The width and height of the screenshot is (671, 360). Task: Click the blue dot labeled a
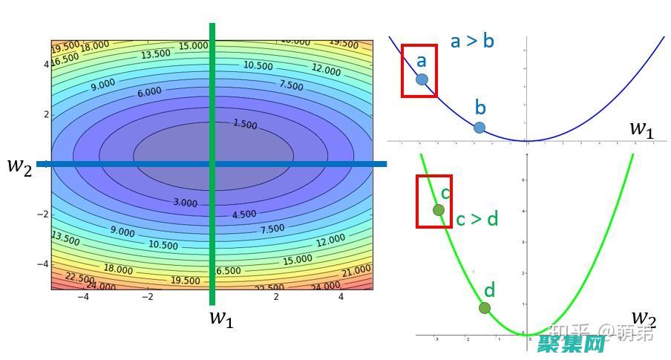[x=422, y=79]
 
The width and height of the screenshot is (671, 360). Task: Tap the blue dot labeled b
[x=479, y=128]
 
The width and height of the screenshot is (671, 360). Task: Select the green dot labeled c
[x=439, y=210]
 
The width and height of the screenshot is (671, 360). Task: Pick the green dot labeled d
[x=485, y=308]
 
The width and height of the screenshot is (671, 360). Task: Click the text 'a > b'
[x=472, y=40]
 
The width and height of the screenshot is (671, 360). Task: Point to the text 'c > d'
[x=477, y=219]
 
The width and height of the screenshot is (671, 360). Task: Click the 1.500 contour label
[x=245, y=124]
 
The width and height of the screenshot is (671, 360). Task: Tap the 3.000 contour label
[x=185, y=203]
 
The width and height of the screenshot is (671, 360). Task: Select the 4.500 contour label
[x=244, y=215]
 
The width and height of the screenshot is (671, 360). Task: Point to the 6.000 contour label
[x=149, y=93]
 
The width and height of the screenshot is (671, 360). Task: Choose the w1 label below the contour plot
[x=221, y=318]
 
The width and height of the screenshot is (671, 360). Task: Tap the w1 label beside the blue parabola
[x=642, y=128]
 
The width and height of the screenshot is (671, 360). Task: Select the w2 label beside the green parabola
[x=643, y=321]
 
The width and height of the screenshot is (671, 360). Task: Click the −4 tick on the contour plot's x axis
[x=84, y=297]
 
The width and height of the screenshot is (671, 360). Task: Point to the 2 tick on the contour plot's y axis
[x=46, y=114]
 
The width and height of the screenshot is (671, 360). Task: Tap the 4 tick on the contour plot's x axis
[x=341, y=297]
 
